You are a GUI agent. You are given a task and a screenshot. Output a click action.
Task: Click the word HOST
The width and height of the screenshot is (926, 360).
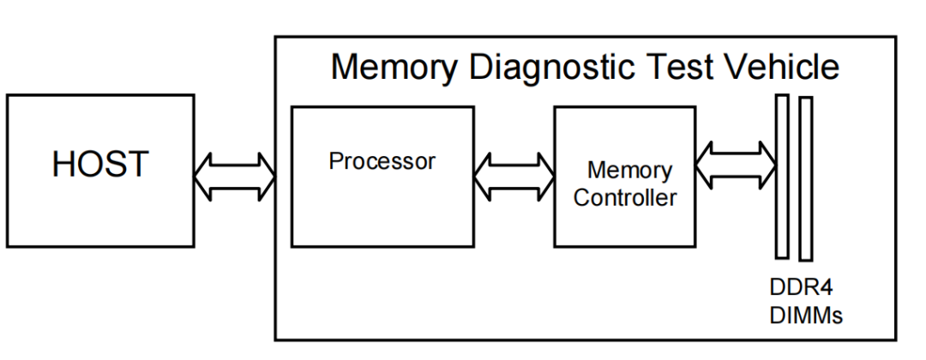[x=100, y=164]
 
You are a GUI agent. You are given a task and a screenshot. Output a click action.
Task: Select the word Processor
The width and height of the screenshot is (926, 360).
[x=382, y=161]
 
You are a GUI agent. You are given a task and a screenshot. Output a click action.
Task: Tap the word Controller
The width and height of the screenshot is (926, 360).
[x=625, y=198]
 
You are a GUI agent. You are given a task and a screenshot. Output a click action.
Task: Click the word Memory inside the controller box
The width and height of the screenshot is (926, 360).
[x=629, y=171]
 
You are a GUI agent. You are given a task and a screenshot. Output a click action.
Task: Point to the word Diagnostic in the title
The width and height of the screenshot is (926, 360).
[x=551, y=67]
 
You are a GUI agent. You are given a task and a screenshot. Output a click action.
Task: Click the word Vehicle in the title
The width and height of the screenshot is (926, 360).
[x=781, y=67]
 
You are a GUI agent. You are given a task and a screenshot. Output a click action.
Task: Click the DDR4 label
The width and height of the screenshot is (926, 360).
[x=801, y=288]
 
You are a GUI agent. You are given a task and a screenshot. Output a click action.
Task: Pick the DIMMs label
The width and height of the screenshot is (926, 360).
[x=806, y=315]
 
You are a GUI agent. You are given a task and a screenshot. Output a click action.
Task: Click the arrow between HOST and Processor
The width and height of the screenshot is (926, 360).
[x=235, y=177]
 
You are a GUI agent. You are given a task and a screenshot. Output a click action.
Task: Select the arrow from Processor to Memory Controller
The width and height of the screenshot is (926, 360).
[x=514, y=177]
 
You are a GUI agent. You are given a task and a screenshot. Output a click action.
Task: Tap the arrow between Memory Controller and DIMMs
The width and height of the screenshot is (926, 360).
[x=736, y=165]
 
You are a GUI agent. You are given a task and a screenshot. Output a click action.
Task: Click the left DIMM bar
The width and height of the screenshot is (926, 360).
[x=782, y=177]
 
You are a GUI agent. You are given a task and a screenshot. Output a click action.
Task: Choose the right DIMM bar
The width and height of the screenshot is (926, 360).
[x=805, y=179]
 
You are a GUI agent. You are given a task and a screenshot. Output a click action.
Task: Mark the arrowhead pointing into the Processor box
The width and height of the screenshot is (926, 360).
[x=267, y=177]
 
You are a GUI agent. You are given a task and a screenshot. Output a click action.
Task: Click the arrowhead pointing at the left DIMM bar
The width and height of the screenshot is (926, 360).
[x=767, y=165]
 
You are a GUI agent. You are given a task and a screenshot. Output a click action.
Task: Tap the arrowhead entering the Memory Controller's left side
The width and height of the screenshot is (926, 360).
[x=545, y=177]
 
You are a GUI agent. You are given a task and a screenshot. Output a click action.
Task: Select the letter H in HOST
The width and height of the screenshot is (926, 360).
[x=63, y=164]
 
